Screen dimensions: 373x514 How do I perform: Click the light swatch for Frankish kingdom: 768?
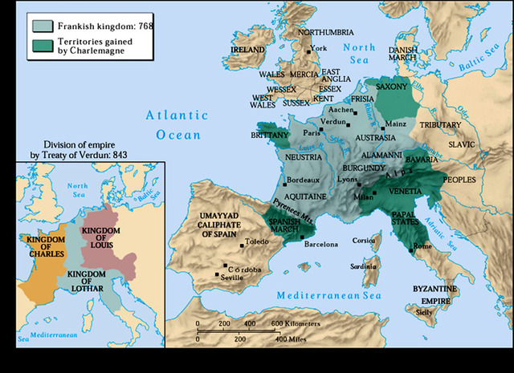pyautogui.click(x=43, y=26)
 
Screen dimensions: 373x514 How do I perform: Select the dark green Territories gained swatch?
pyautogui.click(x=43, y=44)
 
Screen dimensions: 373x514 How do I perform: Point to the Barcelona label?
pyautogui.click(x=322, y=243)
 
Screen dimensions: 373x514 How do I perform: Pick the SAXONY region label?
pyautogui.click(x=393, y=86)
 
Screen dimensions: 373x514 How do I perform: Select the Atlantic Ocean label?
pyautogui.click(x=171, y=125)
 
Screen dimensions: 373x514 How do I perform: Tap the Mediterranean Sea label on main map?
pyautogui.click(x=328, y=296)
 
